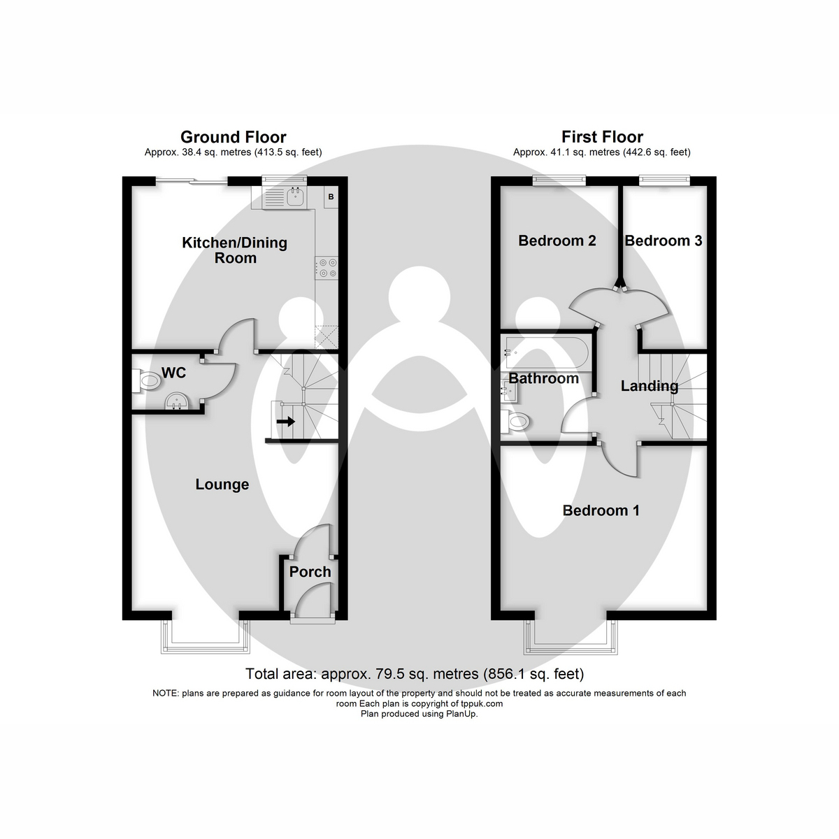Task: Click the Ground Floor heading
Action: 233,137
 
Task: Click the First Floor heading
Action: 602,137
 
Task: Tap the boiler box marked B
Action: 331,197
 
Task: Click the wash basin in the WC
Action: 175,403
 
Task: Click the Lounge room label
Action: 222,485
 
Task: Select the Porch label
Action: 310,572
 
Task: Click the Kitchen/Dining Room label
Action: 234,250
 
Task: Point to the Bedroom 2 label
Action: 557,241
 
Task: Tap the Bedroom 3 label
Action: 663,241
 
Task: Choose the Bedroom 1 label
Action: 601,510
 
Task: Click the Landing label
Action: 650,386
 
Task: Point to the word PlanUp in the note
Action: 461,714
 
